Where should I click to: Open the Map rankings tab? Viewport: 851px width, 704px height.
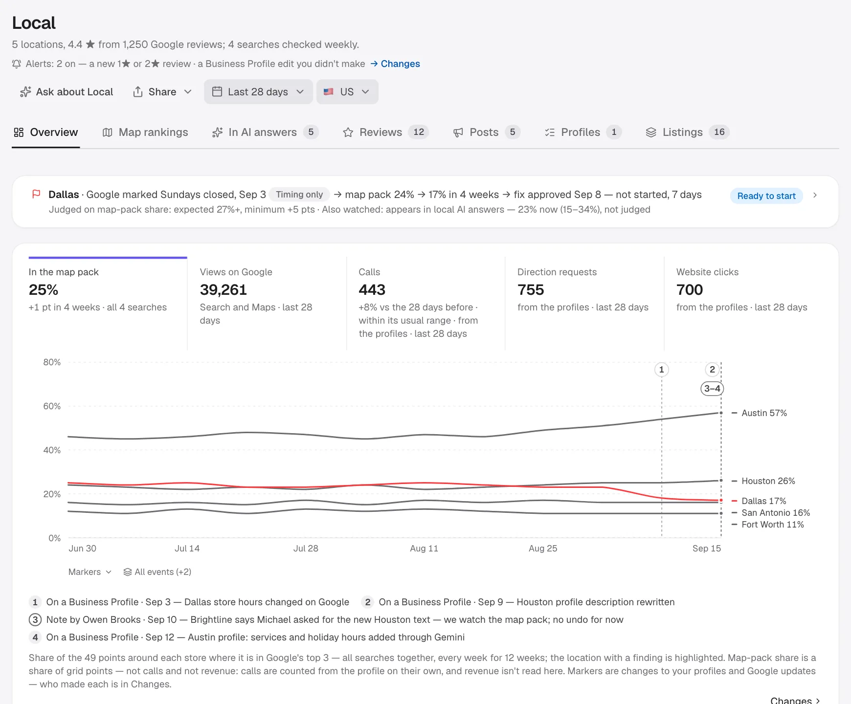[x=145, y=132]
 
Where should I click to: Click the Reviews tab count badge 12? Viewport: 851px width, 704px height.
[x=419, y=132]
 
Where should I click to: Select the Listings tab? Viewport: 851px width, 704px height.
[x=687, y=132]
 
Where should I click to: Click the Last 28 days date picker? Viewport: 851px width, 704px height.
[x=258, y=92]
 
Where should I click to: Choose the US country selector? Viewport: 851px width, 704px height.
[x=347, y=92]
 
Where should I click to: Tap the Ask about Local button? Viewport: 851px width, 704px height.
[x=67, y=92]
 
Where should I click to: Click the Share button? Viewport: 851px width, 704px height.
[x=162, y=92]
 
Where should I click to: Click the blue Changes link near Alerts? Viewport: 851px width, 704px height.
[x=395, y=64]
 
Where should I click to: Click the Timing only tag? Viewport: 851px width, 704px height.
[x=299, y=195]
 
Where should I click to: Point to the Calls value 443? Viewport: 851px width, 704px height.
[x=372, y=290]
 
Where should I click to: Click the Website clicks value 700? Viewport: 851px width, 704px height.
[x=690, y=290]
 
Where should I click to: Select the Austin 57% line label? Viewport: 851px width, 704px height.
[x=764, y=413]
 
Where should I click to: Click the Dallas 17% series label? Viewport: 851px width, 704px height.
[x=763, y=501]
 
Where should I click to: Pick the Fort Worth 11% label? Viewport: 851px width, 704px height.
[x=772, y=525]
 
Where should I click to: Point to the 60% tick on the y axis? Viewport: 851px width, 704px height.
[x=52, y=406]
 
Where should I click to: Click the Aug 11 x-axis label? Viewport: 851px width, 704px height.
[x=424, y=549]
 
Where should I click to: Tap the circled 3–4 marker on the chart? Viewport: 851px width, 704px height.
[x=712, y=389]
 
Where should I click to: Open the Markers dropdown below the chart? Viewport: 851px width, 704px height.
[x=90, y=572]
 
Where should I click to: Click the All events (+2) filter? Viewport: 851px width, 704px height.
[x=157, y=572]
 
